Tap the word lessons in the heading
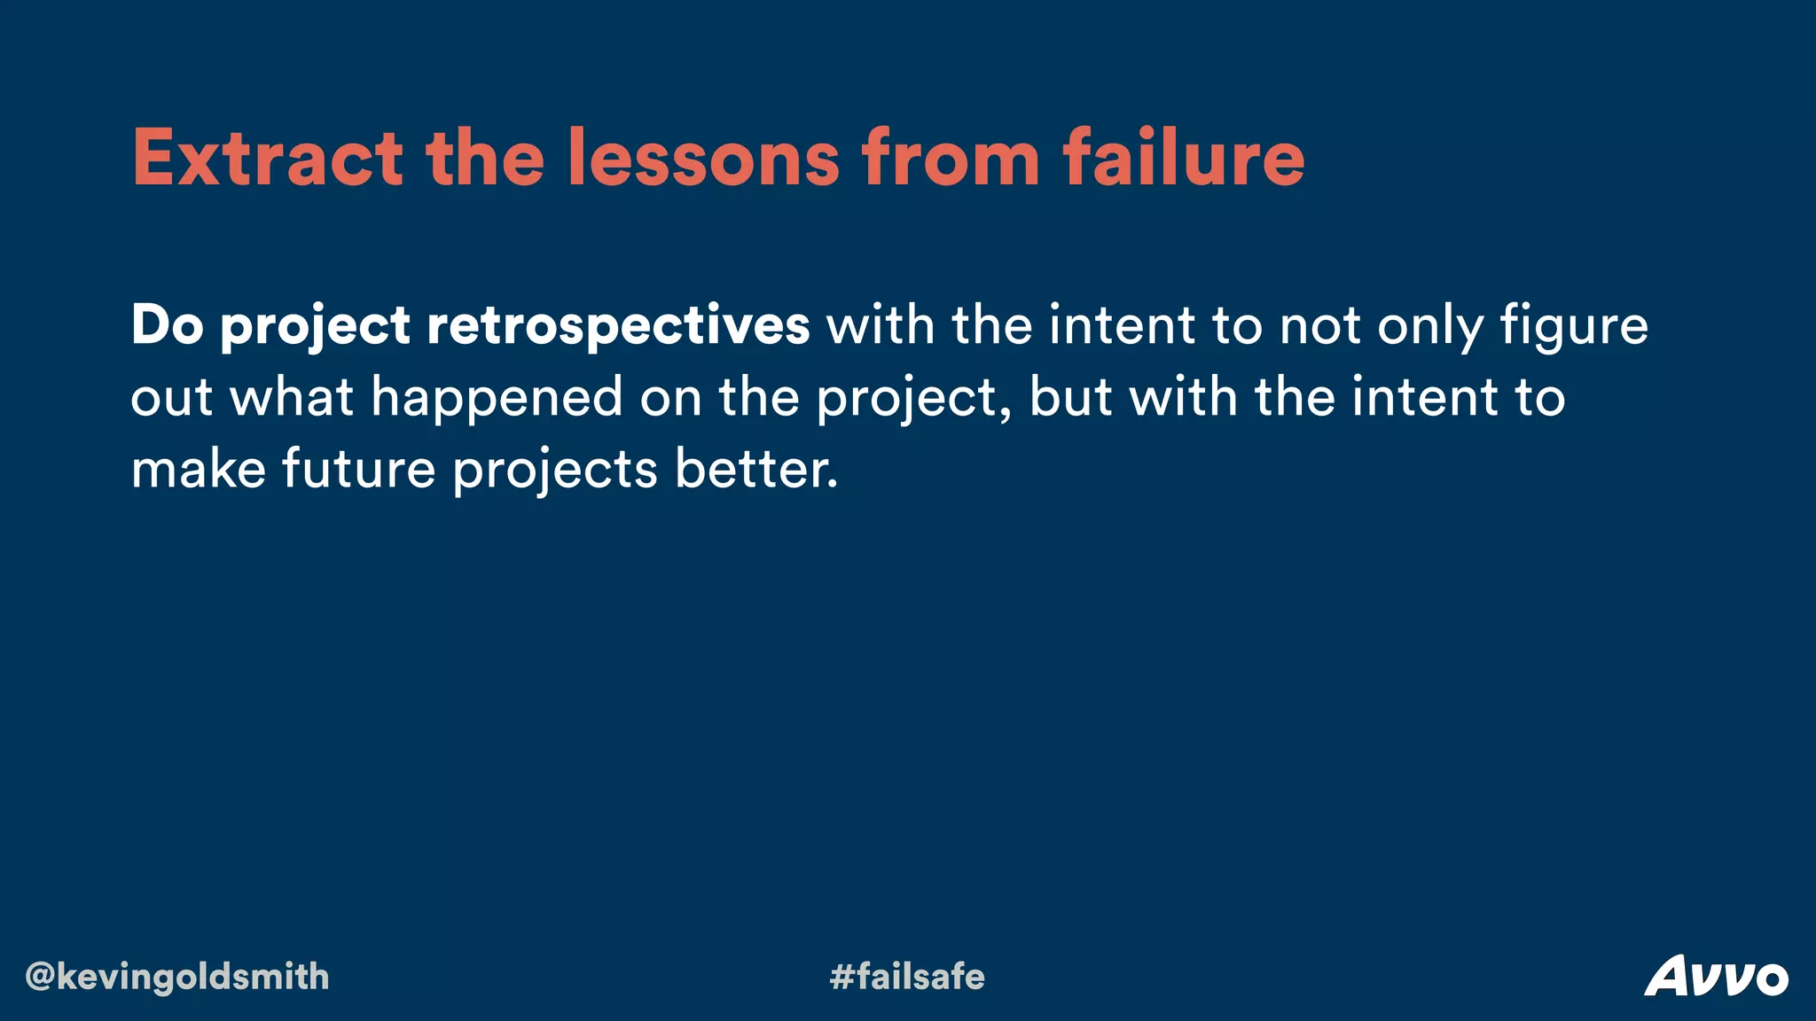702,159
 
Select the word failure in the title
1184,159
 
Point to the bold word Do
167,325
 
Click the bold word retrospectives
618,325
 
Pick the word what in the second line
292,396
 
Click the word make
198,469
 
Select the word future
359,469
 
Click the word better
755,469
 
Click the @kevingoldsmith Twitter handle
177,977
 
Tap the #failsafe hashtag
907,977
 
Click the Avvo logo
1716,977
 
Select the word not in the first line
1319,325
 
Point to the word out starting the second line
171,396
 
